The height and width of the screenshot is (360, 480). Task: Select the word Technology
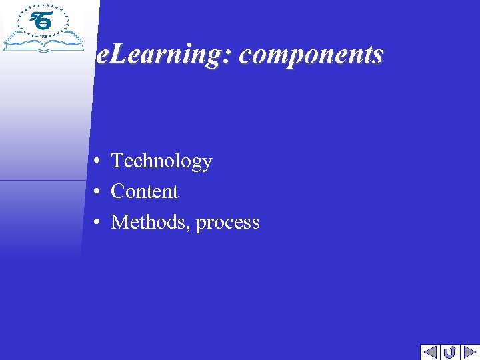[161, 161]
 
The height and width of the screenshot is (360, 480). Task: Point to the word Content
[145, 192]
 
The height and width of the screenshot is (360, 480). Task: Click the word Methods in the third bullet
[151, 222]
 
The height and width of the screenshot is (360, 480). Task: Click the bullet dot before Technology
[97, 161]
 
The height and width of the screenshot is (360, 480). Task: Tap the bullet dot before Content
[97, 192]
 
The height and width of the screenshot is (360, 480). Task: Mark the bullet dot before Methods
[97, 222]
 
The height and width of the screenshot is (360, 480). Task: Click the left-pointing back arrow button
[430, 351]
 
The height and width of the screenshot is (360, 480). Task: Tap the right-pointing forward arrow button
[469, 351]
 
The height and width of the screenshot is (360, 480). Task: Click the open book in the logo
[43, 44]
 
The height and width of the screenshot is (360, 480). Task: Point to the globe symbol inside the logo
[43, 23]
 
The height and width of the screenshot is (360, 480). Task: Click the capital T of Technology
[117, 161]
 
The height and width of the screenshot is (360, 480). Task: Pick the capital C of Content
[118, 192]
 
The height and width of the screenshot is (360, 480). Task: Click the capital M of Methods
[120, 222]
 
